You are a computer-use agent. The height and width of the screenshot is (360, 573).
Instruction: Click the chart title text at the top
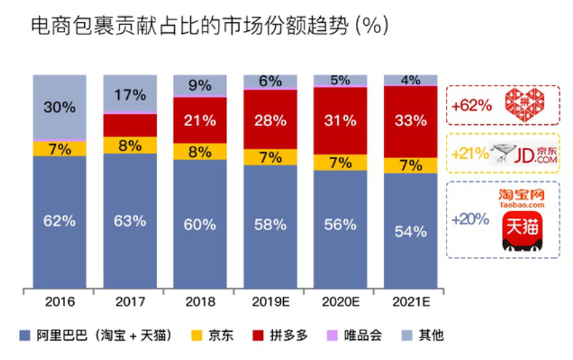pos(209,26)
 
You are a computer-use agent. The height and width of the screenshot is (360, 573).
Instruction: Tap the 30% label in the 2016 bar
pos(59,107)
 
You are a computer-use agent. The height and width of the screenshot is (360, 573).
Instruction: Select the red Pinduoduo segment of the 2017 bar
pos(130,125)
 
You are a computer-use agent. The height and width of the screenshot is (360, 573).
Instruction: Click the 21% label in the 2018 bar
pos(200,121)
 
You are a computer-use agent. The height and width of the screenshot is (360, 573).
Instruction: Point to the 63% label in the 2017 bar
pos(130,220)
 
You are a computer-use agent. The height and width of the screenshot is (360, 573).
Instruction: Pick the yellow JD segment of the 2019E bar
pos(270,157)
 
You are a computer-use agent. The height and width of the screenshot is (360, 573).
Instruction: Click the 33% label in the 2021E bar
pos(410,121)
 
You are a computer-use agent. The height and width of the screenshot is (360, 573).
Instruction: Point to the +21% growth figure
pos(470,153)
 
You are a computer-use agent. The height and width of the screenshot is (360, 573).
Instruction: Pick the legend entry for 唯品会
pos(357,335)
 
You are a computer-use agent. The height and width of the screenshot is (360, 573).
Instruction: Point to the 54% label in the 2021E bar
pos(410,231)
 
